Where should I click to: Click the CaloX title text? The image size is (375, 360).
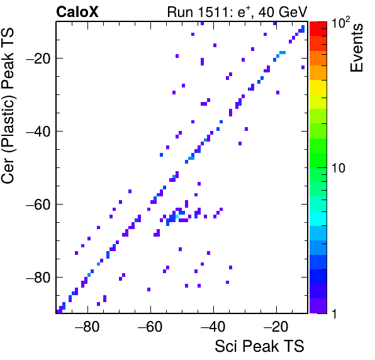click(77, 12)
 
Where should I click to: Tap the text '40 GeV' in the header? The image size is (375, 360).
click(283, 12)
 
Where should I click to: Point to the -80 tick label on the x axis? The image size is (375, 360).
click(87, 327)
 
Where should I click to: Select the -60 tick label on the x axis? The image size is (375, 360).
click(150, 327)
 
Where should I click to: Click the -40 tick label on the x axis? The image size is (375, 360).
click(213, 327)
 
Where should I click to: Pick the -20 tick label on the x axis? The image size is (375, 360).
click(276, 327)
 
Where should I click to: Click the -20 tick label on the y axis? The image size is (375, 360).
click(38, 58)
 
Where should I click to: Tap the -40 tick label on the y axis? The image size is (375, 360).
click(38, 132)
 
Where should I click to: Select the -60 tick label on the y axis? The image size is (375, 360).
click(38, 205)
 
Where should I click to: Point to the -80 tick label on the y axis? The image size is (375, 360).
click(38, 277)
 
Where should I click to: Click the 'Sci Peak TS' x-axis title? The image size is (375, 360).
click(259, 346)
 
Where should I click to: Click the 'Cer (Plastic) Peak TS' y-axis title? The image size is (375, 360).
click(8, 106)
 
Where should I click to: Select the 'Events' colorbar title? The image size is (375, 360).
click(356, 48)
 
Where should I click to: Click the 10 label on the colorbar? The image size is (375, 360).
click(339, 168)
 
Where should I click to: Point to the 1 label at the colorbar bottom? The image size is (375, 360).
click(334, 313)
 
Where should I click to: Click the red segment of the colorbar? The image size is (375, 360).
click(318, 29)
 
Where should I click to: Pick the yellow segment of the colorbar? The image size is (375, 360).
click(318, 87)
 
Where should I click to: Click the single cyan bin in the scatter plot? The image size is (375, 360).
click(177, 217)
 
